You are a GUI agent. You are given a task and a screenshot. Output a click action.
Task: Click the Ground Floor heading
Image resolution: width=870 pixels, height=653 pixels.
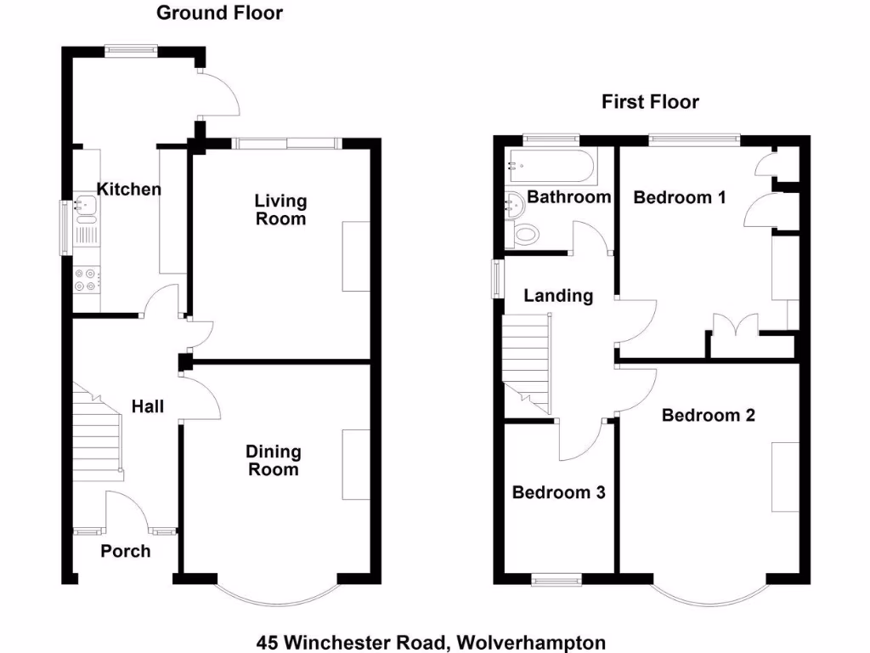point(219,13)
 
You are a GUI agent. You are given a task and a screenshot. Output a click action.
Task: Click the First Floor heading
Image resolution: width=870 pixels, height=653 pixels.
point(650,102)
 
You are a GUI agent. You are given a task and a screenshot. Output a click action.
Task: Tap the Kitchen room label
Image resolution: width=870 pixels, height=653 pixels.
point(128,189)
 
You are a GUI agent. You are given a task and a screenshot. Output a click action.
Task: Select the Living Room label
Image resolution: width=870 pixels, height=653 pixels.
point(280,209)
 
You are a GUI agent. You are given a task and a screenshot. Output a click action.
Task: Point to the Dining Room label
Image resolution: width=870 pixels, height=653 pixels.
point(273,460)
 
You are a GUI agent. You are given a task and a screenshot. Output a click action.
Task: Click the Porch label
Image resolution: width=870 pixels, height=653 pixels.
point(126,551)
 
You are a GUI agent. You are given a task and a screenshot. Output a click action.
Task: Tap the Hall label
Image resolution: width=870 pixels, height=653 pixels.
point(148,406)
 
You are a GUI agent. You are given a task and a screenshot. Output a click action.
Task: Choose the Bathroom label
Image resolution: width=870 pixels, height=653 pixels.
point(568,197)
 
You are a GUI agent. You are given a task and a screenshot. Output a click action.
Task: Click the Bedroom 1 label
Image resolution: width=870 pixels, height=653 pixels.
point(680,197)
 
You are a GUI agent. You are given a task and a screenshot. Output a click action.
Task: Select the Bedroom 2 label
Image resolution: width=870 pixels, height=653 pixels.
point(708,415)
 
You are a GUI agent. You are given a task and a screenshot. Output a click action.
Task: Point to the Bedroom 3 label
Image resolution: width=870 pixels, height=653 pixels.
point(558,492)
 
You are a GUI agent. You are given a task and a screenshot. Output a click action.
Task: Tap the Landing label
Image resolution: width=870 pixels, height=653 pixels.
point(557,296)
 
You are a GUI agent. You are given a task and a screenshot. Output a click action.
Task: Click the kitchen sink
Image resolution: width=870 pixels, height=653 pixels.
point(86,204)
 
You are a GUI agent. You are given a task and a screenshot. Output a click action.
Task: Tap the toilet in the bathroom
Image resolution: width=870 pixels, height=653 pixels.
point(526,234)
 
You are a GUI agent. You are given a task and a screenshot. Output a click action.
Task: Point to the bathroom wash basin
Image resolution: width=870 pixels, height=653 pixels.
point(513,203)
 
